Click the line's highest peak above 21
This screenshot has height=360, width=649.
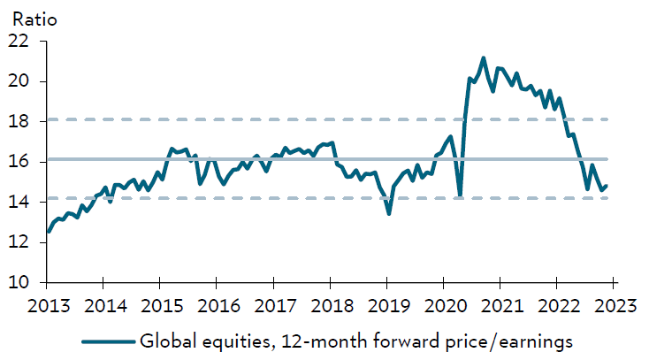pos(483,58)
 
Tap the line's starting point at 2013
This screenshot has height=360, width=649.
pos(48,232)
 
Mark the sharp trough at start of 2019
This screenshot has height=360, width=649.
pos(389,213)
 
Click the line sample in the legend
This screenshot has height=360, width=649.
pos(107,341)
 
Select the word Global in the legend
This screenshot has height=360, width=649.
pos(167,341)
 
